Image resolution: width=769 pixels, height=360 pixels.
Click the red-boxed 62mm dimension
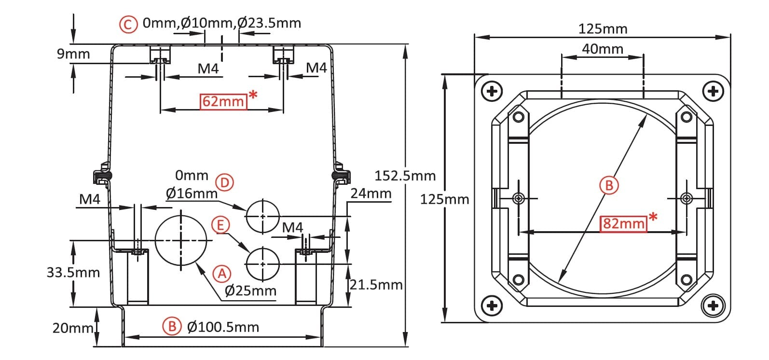pyautogui.click(x=223, y=101)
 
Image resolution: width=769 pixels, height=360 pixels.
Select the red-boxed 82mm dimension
pyautogui.click(x=623, y=223)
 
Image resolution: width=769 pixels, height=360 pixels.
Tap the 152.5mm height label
pyautogui.click(x=405, y=176)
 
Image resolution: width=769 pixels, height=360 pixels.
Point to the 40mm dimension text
pyautogui.click(x=603, y=49)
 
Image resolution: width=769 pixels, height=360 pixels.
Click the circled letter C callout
pyautogui.click(x=128, y=24)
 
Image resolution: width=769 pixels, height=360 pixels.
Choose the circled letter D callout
pyautogui.click(x=224, y=182)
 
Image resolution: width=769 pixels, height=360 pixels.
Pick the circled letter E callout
pyautogui.click(x=220, y=225)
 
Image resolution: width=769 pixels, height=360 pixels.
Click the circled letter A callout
pyautogui.click(x=222, y=274)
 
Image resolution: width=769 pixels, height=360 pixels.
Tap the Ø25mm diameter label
pyautogui.click(x=250, y=291)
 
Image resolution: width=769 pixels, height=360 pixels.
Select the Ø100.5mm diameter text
pyautogui.click(x=223, y=327)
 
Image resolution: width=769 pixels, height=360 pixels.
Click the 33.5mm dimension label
pyautogui.click(x=73, y=272)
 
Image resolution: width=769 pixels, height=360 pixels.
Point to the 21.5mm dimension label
pyautogui.click(x=376, y=285)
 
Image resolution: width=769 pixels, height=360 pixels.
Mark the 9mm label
pyautogui.click(x=73, y=54)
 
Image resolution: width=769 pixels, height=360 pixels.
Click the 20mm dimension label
pyautogui.click(x=73, y=328)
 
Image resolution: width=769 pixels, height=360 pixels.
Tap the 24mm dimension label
pyautogui.click(x=371, y=194)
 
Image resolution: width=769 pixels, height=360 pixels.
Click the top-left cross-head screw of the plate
pyautogui.click(x=492, y=91)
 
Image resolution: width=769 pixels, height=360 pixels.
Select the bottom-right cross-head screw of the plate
pyautogui.click(x=713, y=305)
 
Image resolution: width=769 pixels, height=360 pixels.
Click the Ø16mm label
pyautogui.click(x=192, y=194)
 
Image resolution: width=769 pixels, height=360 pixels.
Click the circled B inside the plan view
pyautogui.click(x=609, y=185)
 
